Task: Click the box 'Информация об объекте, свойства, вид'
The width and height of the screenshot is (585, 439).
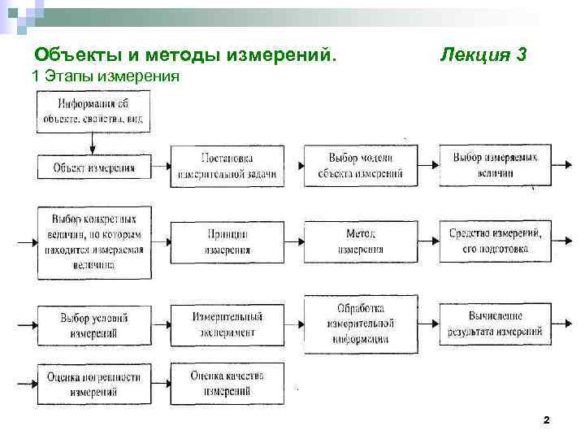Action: tap(92, 112)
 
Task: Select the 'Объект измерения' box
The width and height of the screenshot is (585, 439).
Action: tap(93, 167)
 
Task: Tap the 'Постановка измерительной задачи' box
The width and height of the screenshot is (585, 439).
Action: tap(227, 165)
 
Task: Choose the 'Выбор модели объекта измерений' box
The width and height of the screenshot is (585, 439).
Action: tap(362, 165)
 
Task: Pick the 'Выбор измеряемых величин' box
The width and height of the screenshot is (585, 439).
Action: tap(495, 165)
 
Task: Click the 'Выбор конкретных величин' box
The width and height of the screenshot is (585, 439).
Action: tap(93, 241)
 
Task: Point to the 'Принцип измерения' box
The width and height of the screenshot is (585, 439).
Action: tap(227, 241)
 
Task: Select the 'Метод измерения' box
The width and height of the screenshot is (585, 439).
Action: tap(362, 241)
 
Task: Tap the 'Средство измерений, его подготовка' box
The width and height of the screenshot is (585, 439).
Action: tap(495, 241)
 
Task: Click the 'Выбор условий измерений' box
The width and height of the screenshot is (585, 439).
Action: tap(93, 325)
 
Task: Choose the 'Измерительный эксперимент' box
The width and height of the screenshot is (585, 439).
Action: tap(227, 324)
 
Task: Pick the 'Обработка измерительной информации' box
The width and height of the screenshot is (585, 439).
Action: tap(362, 324)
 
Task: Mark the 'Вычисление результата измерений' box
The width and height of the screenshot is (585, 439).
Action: tap(495, 324)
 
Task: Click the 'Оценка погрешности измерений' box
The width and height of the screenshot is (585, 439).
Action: tap(93, 384)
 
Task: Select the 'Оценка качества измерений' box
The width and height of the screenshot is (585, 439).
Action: tap(227, 383)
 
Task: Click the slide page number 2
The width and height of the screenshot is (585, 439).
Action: tap(546, 420)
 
